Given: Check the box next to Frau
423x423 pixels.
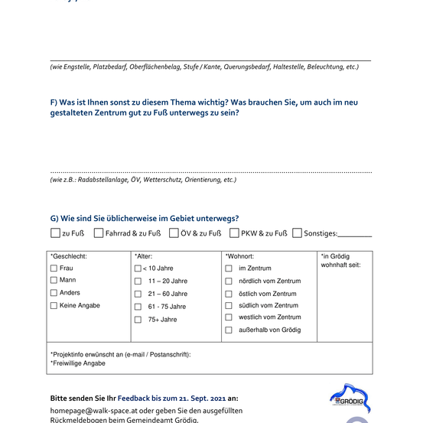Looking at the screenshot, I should (54, 268).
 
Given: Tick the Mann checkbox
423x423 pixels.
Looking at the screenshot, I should (54, 281).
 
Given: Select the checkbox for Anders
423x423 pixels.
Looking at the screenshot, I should (54, 293).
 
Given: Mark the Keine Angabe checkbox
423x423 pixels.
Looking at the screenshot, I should (54, 306).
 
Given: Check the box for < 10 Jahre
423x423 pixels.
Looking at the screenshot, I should (138, 268).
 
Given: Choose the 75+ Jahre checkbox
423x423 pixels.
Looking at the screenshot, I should (138, 320).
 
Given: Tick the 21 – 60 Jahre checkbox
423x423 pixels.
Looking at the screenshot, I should (138, 294).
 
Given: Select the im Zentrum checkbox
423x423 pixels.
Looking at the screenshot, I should (229, 268).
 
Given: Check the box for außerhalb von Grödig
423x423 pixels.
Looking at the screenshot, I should (229, 330).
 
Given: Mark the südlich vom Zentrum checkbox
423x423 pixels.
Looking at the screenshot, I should (229, 305).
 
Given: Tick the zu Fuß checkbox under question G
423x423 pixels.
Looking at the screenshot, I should (55, 233).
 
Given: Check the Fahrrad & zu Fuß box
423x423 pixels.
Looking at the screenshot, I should (99, 233).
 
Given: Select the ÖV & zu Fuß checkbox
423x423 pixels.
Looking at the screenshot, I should (174, 233).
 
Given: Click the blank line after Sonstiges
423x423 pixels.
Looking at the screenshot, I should (355, 236).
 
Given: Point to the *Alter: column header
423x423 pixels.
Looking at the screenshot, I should (144, 256).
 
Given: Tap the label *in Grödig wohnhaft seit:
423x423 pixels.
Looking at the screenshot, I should (341, 261).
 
